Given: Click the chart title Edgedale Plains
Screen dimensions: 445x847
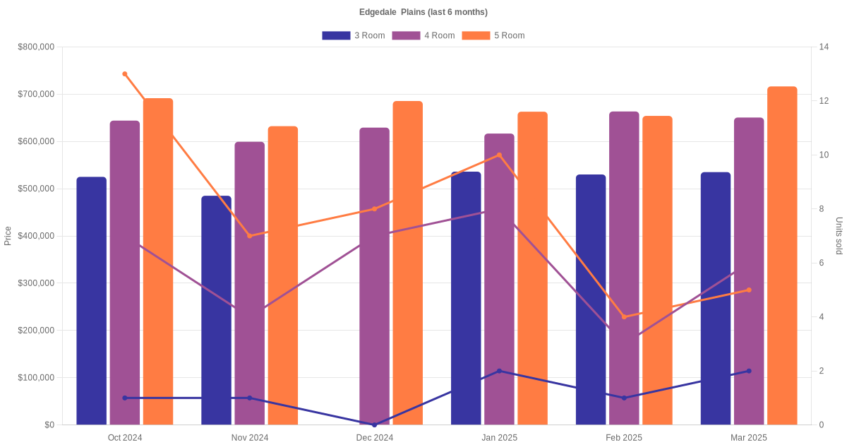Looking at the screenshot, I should pyautogui.click(x=423, y=12).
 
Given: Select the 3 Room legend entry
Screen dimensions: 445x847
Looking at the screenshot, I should pyautogui.click(x=353, y=35).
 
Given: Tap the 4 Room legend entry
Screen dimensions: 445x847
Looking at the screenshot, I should pyautogui.click(x=423, y=35).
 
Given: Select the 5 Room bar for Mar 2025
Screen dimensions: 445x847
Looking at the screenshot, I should pyautogui.click(x=782, y=255).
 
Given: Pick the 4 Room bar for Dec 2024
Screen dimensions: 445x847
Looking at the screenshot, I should pyautogui.click(x=374, y=276).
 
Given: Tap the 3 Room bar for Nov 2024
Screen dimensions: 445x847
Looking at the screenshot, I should pyautogui.click(x=216, y=310).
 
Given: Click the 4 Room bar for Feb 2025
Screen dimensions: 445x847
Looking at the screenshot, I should pyautogui.click(x=624, y=268).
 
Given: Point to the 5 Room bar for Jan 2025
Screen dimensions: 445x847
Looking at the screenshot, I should pyautogui.click(x=532, y=268).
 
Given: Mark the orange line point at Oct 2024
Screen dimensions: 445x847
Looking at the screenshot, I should pyautogui.click(x=125, y=74).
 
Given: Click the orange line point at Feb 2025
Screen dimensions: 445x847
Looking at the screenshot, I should pyautogui.click(x=624, y=316).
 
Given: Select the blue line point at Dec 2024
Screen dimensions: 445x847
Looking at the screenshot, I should pyautogui.click(x=374, y=425).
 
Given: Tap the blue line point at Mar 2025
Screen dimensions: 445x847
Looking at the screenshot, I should pyautogui.click(x=749, y=371).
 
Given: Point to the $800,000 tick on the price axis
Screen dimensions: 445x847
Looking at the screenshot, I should pyautogui.click(x=36, y=47).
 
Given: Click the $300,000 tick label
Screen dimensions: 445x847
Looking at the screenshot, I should pyautogui.click(x=36, y=283).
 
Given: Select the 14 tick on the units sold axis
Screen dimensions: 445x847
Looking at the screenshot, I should pyautogui.click(x=824, y=47).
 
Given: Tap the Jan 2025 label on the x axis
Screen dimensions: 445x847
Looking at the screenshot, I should pyautogui.click(x=499, y=438).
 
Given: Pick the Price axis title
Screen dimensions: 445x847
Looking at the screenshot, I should pyautogui.click(x=8, y=236).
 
